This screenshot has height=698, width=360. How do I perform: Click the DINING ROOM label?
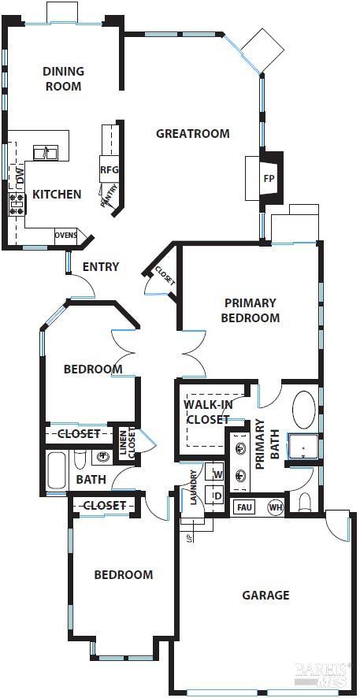point(63,79)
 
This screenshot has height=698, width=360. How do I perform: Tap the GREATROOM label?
point(193,133)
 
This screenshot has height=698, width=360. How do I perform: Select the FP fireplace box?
point(269,178)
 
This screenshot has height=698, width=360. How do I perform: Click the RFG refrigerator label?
point(109,169)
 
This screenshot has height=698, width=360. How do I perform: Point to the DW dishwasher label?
point(20,175)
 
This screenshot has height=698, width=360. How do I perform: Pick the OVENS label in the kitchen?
point(65,235)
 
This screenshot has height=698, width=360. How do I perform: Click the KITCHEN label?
point(56,194)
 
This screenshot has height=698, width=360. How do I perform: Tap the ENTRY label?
point(101,267)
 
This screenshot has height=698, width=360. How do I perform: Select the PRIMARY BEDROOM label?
point(250,310)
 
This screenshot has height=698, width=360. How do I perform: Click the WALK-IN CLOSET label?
point(208,412)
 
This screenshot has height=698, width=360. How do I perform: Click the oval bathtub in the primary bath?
point(304,410)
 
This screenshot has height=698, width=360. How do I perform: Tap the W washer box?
point(217,475)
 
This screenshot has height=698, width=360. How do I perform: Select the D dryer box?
point(217,496)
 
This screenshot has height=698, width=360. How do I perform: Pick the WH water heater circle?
point(275,507)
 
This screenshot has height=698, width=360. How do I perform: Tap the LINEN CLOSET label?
point(127,444)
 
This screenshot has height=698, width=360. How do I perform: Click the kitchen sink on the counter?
point(45,153)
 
